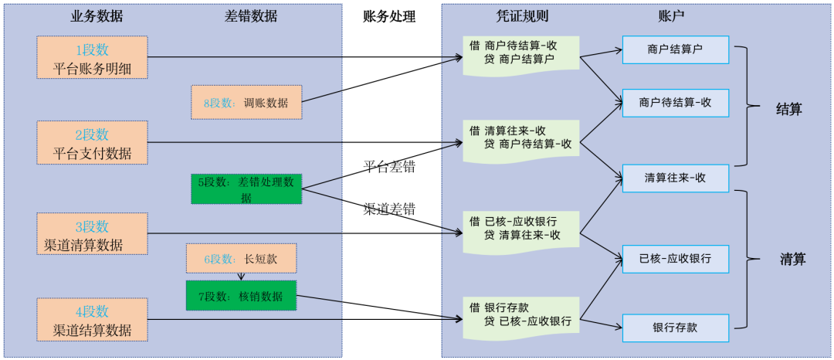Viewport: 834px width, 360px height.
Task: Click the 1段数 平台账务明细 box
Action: [92, 58]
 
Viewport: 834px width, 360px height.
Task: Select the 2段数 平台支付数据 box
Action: [92, 142]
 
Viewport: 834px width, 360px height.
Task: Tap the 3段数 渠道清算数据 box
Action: [92, 236]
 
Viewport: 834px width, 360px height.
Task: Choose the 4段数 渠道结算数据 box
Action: [92, 320]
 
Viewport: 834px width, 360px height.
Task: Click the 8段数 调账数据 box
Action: [246, 102]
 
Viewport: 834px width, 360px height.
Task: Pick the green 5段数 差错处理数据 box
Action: [246, 189]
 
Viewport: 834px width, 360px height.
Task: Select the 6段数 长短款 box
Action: [241, 259]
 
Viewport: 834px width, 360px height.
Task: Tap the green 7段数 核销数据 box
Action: [241, 296]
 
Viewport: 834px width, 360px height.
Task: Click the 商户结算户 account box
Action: [676, 49]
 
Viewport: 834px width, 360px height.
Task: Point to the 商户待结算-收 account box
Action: [676, 102]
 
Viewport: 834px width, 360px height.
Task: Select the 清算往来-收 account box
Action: [676, 178]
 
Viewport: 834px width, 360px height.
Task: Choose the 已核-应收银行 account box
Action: [676, 258]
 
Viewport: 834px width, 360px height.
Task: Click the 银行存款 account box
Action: [676, 327]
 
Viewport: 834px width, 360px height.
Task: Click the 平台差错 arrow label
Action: [389, 166]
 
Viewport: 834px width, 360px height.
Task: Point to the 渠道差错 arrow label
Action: [389, 209]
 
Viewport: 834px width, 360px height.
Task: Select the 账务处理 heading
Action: [389, 16]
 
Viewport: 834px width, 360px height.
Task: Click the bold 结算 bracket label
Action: [788, 109]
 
